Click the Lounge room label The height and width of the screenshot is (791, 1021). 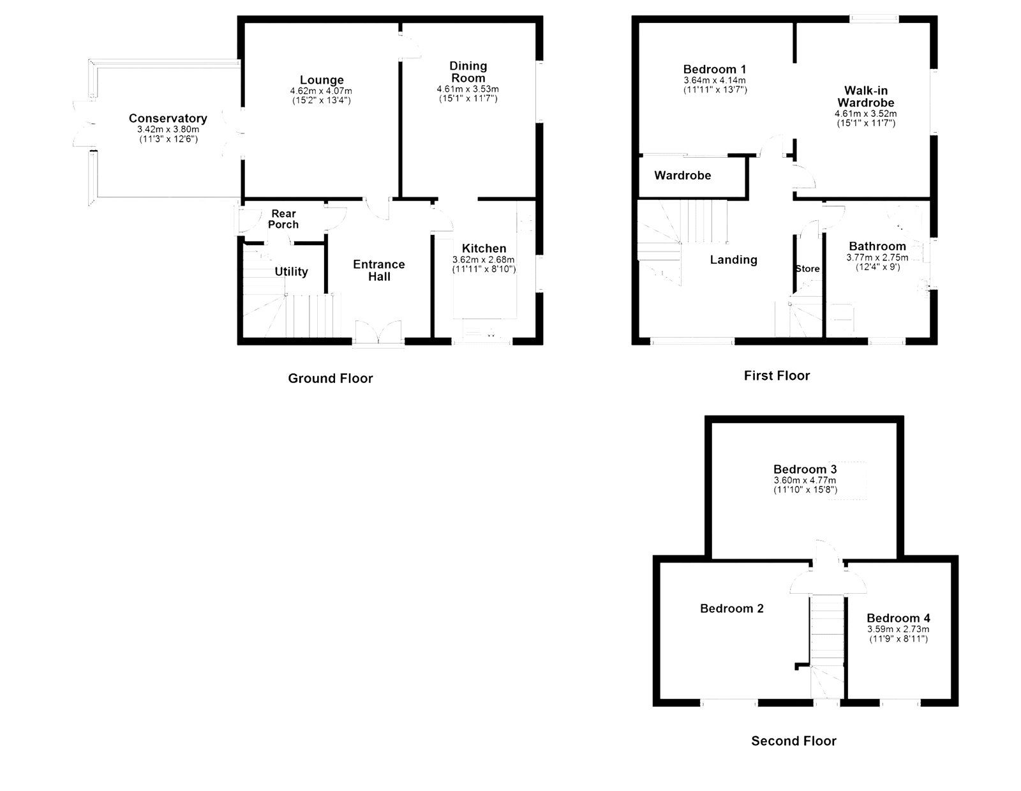click(322, 80)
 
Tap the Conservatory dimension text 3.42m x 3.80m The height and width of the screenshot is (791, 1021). click(168, 129)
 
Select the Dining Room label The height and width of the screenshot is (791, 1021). click(468, 72)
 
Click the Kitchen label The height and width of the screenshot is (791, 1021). click(484, 248)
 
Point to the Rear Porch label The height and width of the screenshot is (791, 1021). click(283, 219)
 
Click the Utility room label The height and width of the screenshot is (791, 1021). click(291, 271)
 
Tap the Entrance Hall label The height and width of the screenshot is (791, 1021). click(379, 270)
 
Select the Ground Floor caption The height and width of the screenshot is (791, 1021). click(330, 378)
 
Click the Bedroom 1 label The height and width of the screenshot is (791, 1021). click(714, 69)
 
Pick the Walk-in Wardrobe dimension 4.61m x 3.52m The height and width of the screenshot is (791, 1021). click(865, 114)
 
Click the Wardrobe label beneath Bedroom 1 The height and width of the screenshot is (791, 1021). click(682, 175)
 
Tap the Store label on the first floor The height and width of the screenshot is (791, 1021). click(807, 269)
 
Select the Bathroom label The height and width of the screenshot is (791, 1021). click(877, 246)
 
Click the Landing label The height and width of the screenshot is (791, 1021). click(733, 259)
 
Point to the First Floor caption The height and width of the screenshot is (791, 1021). click(776, 375)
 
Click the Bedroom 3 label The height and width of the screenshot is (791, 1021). click(805, 469)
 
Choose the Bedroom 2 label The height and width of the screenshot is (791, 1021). click(731, 608)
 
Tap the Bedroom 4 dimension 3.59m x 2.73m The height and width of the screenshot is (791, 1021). click(898, 629)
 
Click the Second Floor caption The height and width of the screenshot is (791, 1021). click(793, 741)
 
